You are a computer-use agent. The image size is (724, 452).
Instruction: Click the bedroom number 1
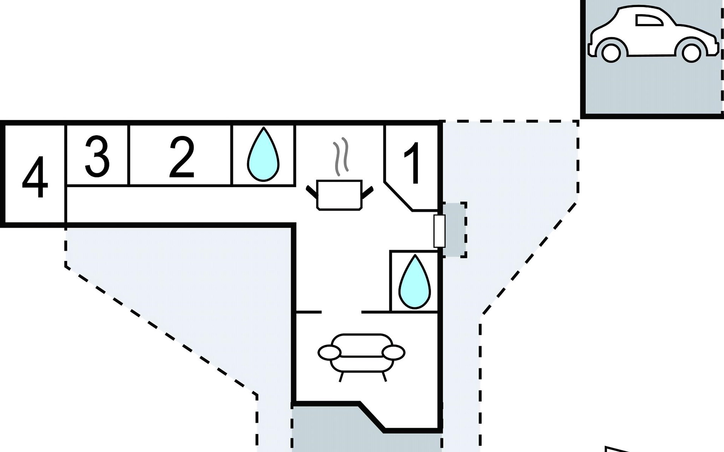[412, 163]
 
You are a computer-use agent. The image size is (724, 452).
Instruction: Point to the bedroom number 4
[35, 177]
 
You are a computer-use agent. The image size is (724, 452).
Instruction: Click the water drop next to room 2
[263, 155]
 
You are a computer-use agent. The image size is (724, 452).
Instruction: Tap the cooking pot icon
[339, 194]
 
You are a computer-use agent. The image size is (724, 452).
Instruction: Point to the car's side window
[649, 20]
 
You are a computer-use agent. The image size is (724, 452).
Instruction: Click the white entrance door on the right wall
[439, 231]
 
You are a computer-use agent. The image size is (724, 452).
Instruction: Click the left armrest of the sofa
[329, 353]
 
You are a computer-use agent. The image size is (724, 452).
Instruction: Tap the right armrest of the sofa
[393, 353]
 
